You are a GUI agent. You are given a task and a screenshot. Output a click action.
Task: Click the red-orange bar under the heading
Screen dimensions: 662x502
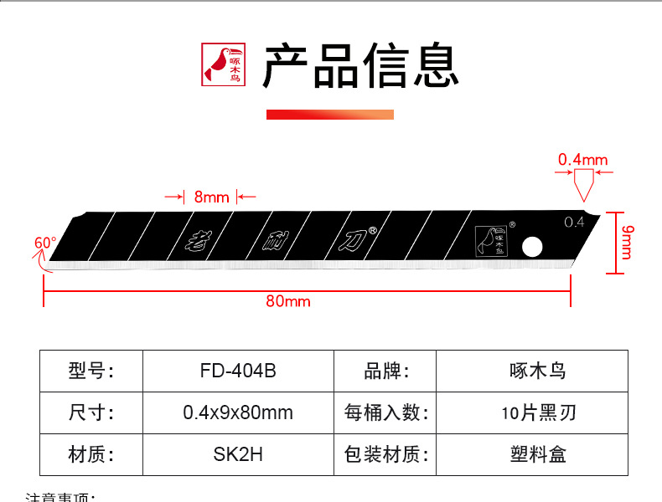point(330,115)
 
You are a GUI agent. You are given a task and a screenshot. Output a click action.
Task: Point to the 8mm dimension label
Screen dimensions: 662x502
point(211,197)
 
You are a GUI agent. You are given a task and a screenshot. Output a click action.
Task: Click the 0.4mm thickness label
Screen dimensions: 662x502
point(583,160)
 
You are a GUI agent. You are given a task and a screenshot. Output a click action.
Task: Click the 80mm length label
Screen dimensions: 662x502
point(288,300)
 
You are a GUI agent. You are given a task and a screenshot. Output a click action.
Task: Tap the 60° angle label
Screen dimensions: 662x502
point(45,243)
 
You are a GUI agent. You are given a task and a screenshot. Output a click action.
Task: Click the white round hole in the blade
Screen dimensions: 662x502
point(531,247)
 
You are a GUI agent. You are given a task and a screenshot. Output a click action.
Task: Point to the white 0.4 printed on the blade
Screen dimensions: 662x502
point(574,222)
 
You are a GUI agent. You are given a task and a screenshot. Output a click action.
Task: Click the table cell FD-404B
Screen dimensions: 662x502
point(238,371)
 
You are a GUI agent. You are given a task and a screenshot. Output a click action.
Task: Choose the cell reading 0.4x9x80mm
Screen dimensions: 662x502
point(238,412)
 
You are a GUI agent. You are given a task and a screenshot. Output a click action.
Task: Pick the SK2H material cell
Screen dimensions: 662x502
point(238,454)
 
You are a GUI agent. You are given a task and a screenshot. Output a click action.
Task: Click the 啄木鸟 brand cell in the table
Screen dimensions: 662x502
point(532,371)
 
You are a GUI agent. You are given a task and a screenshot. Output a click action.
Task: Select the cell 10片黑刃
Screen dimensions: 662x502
point(532,412)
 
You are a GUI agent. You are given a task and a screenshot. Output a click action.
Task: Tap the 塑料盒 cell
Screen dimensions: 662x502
point(532,454)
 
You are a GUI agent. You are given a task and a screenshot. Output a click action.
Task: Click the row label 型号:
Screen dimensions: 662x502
point(91,371)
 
